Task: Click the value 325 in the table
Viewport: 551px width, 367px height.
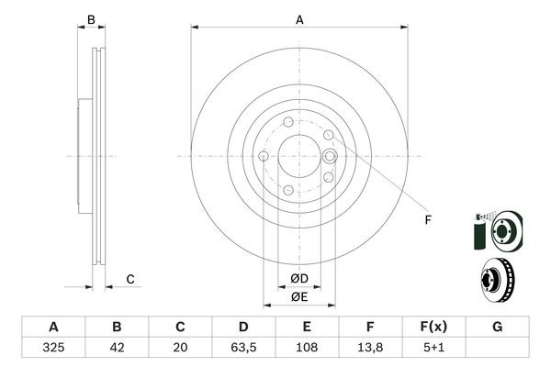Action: click(53, 348)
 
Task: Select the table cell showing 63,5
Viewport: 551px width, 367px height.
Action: click(243, 348)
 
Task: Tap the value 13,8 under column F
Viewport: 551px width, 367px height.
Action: click(370, 348)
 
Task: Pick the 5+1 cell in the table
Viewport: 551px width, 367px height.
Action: click(433, 348)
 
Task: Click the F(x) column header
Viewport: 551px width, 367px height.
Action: click(433, 327)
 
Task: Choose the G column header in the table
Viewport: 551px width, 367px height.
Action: click(497, 327)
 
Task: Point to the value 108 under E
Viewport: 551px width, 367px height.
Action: click(307, 348)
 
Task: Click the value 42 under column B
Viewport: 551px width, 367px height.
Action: click(117, 348)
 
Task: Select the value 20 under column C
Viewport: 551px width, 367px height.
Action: click(180, 348)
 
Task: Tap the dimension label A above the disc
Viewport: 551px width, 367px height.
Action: click(299, 19)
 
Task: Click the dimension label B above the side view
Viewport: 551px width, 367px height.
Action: click(91, 19)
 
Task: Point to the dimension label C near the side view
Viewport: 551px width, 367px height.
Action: click(130, 279)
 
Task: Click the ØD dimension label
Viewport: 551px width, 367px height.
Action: click(299, 279)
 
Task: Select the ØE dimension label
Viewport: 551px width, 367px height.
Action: click(299, 296)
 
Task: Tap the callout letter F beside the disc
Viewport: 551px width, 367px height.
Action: click(428, 220)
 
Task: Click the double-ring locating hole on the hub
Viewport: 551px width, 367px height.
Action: click(330, 156)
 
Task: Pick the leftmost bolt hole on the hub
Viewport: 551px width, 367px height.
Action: click(264, 156)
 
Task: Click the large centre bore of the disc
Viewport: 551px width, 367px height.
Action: click(299, 156)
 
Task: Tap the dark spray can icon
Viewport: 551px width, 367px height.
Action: click(478, 232)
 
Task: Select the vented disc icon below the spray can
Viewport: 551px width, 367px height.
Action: click(497, 280)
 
